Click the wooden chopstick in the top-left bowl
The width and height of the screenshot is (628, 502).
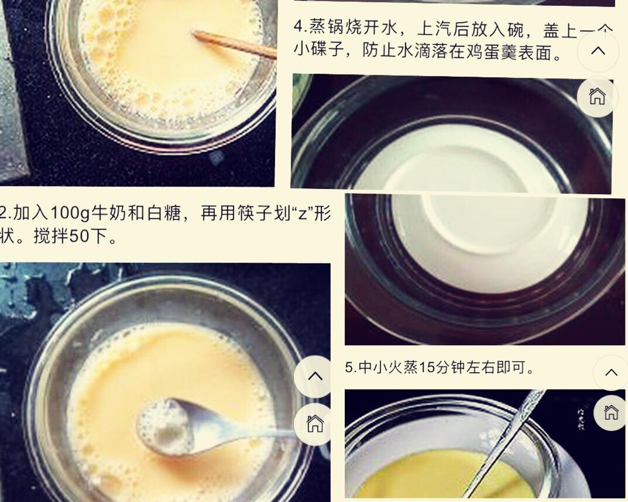pyautogui.click(x=234, y=44)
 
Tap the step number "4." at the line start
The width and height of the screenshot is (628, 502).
pyautogui.click(x=300, y=27)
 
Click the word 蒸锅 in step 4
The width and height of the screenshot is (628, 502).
pyautogui.click(x=325, y=27)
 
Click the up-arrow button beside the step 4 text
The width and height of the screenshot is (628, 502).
pyautogui.click(x=598, y=51)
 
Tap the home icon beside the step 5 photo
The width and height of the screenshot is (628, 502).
pyautogui.click(x=610, y=412)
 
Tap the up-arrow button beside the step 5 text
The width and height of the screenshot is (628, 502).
pyautogui.click(x=611, y=373)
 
